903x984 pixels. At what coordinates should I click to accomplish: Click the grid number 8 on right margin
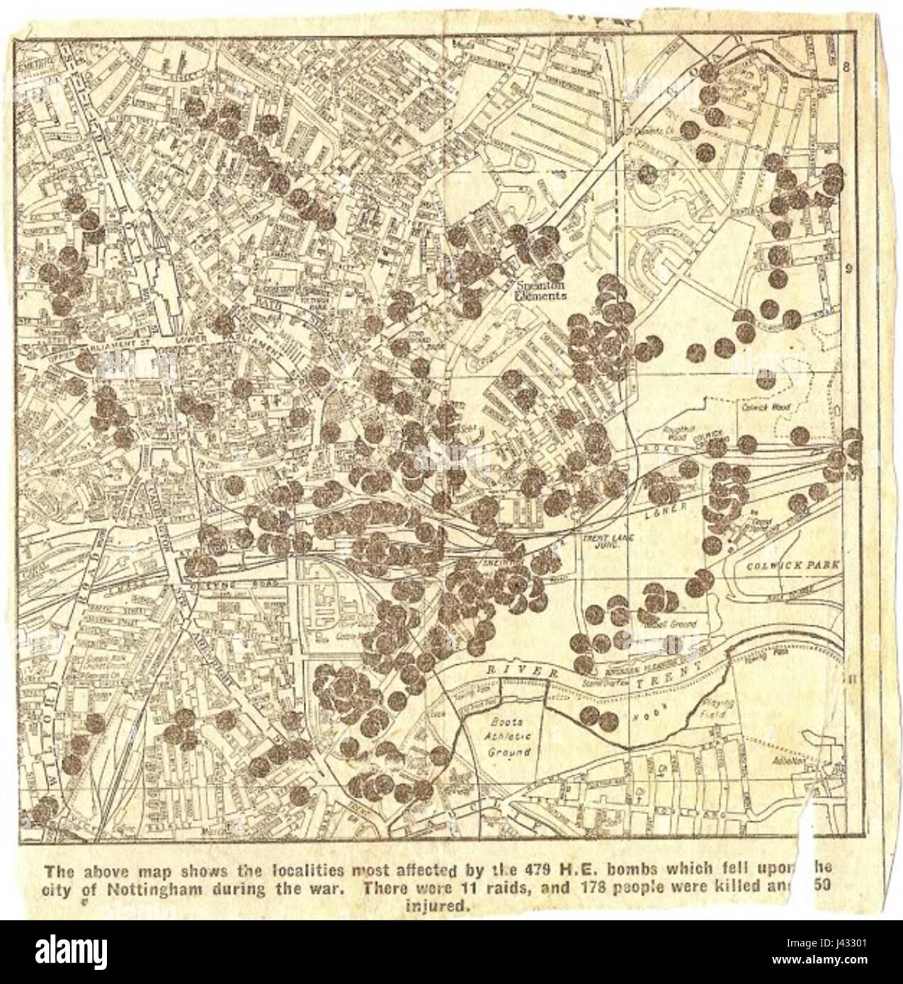[x=846, y=67]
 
